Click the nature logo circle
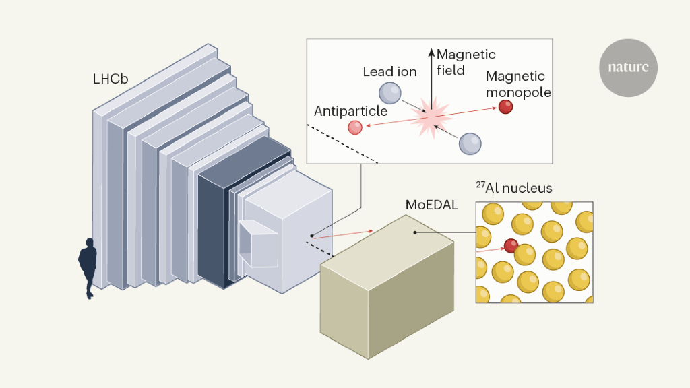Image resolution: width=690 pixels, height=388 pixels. pyautogui.click(x=628, y=67)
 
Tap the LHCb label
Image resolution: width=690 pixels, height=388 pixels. pyautogui.click(x=111, y=79)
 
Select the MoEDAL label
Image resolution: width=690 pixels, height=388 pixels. pyautogui.click(x=432, y=204)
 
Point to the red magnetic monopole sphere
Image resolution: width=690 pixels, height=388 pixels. pyautogui.click(x=505, y=106)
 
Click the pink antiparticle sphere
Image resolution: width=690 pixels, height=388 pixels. pyautogui.click(x=355, y=127)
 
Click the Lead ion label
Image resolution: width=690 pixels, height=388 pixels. pyautogui.click(x=389, y=71)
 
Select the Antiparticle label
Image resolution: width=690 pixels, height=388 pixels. pyautogui.click(x=350, y=111)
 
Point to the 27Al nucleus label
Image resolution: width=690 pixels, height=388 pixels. pyautogui.click(x=514, y=188)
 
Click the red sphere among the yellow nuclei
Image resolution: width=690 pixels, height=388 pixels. pyautogui.click(x=511, y=245)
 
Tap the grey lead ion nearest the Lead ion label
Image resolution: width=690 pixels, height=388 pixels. pyautogui.click(x=389, y=92)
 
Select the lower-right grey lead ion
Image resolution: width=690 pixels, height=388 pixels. pyautogui.click(x=470, y=143)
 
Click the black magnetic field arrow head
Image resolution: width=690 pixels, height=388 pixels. pyautogui.click(x=431, y=51)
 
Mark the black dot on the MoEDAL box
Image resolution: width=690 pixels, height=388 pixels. pyautogui.click(x=414, y=232)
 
